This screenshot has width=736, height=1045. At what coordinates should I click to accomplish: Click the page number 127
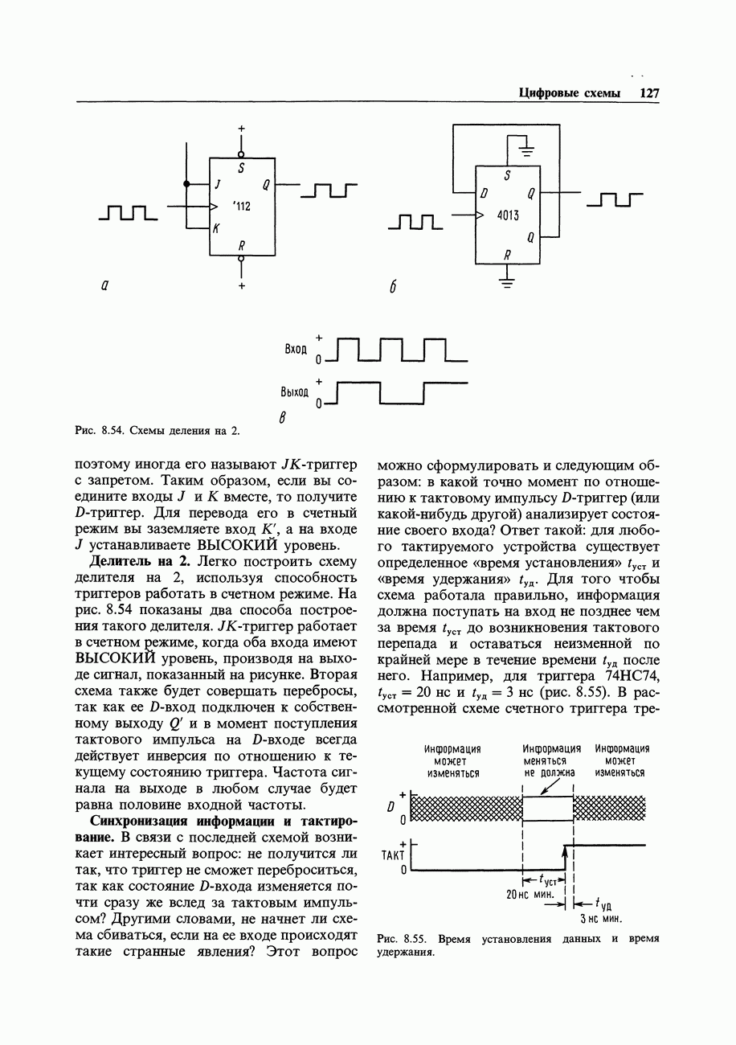tap(649, 93)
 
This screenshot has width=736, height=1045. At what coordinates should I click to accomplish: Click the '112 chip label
tap(241, 207)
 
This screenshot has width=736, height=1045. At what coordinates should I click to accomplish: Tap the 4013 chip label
tap(508, 215)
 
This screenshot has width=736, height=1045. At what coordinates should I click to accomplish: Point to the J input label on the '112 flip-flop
tap(218, 184)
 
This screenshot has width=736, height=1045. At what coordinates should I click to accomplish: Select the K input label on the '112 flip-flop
tap(216, 229)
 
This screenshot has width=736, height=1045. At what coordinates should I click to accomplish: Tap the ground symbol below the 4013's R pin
tap(507, 281)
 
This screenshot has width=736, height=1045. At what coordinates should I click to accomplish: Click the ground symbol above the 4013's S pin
tap(526, 150)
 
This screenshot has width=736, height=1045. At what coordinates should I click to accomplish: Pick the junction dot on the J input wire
tap(186, 184)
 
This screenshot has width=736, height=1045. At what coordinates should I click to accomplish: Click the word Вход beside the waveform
tap(296, 350)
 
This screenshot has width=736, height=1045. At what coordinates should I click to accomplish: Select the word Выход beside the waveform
tap(294, 392)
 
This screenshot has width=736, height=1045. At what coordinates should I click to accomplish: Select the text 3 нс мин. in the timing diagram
tap(602, 919)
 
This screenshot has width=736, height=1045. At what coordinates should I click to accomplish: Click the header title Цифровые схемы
tap(570, 93)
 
